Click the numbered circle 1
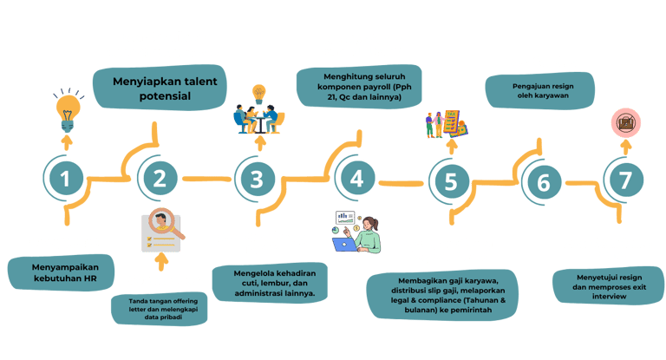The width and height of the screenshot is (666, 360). (x=66, y=180)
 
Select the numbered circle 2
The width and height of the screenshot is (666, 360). (x=160, y=180)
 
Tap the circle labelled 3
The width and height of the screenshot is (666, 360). (x=256, y=180)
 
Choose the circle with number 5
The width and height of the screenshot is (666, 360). (x=449, y=181)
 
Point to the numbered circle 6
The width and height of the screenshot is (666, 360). (x=544, y=183)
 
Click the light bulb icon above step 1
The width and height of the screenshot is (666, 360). (x=68, y=110)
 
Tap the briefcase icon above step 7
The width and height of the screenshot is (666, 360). (x=623, y=124)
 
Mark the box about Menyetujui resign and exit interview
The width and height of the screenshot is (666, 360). (x=600, y=285)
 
